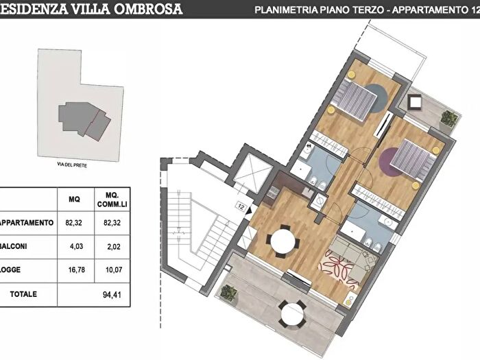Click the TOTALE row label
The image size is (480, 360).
(23, 294)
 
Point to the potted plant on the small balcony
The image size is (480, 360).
(449, 119)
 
